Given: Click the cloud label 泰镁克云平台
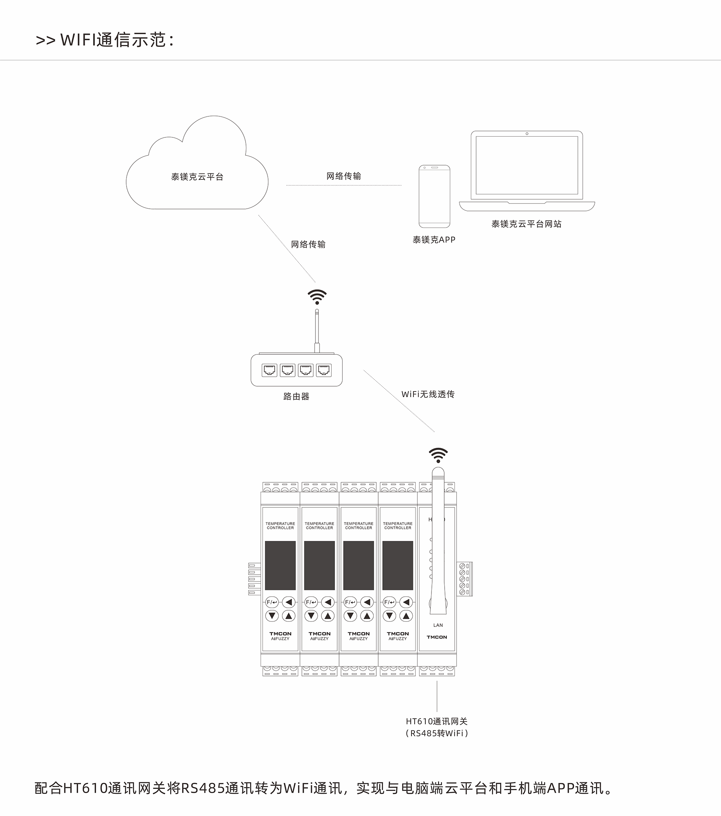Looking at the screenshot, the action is click(x=197, y=177).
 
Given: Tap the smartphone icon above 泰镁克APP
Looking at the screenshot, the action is click(x=434, y=196).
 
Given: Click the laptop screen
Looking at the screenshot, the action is click(x=527, y=165).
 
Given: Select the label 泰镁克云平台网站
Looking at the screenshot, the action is click(x=526, y=224).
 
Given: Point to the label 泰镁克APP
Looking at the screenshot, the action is click(x=434, y=239).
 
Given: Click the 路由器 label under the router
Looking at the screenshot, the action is click(x=296, y=396).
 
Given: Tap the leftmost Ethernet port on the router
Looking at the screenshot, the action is click(x=269, y=370).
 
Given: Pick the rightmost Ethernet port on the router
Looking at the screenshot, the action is click(x=324, y=370).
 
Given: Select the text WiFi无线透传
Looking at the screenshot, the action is click(x=428, y=394).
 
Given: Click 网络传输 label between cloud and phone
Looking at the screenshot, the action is click(x=344, y=176).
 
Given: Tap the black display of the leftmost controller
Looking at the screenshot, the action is click(x=281, y=565).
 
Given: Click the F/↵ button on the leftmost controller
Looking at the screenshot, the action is click(x=272, y=602).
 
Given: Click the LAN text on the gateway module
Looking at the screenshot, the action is click(x=438, y=625).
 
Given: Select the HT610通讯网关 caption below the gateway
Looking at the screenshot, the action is click(x=437, y=721).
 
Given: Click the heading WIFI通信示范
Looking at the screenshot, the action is click(x=105, y=40).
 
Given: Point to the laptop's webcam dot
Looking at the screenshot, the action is click(x=527, y=134).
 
